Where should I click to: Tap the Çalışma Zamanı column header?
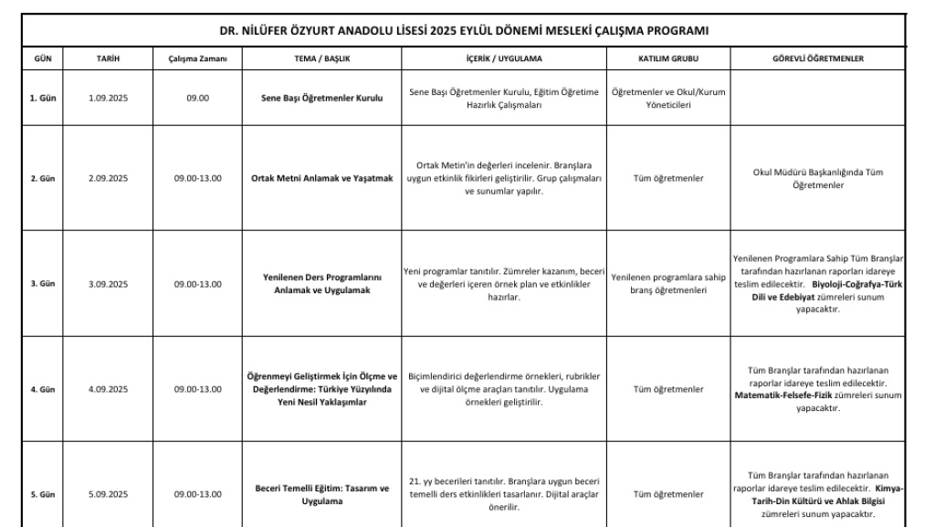[197, 58]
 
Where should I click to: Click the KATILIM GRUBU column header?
[667, 58]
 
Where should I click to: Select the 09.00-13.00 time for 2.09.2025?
[197, 178]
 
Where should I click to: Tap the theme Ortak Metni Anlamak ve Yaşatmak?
[320, 178]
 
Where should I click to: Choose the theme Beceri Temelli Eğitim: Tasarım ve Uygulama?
[320, 494]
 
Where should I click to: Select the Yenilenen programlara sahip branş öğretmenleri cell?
[667, 284]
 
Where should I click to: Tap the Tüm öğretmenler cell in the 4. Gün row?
[667, 389]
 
